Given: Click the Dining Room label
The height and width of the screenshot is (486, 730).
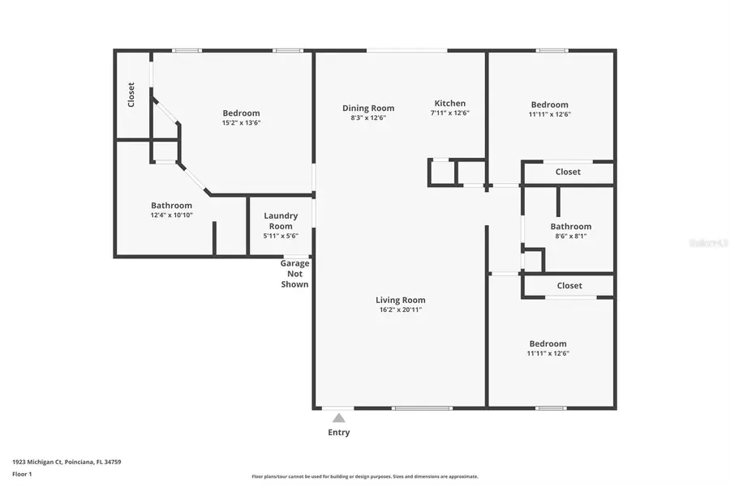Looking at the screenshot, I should (367, 108).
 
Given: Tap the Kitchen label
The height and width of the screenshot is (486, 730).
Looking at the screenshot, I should (450, 103).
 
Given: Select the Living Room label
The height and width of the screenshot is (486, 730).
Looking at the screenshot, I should (400, 300).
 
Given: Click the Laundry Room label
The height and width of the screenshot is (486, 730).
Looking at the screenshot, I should (281, 220).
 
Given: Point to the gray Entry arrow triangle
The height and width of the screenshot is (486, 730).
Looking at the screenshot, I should (339, 418).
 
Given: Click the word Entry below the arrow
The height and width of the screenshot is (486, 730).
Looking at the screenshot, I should (339, 433).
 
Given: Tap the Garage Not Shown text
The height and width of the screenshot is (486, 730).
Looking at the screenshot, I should (294, 274).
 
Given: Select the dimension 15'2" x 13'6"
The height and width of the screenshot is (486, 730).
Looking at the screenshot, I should (241, 123).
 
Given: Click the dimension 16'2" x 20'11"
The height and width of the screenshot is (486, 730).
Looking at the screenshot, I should (400, 309).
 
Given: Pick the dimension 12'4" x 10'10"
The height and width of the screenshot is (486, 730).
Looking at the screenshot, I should (171, 215).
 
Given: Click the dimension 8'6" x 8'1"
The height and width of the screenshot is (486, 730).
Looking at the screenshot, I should (570, 237).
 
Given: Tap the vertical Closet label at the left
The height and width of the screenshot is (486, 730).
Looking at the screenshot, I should (131, 95).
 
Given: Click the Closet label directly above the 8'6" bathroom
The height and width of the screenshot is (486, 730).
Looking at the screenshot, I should (568, 172).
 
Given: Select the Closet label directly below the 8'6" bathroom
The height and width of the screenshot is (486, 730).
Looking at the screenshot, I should (569, 286).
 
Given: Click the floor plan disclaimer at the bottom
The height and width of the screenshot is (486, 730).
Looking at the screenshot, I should (365, 476).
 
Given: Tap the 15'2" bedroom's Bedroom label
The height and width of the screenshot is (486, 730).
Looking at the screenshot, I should (241, 113).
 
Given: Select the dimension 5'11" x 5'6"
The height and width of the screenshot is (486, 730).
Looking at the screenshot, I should (281, 236).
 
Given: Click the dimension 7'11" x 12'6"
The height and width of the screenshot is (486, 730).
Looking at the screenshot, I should (450, 113).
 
